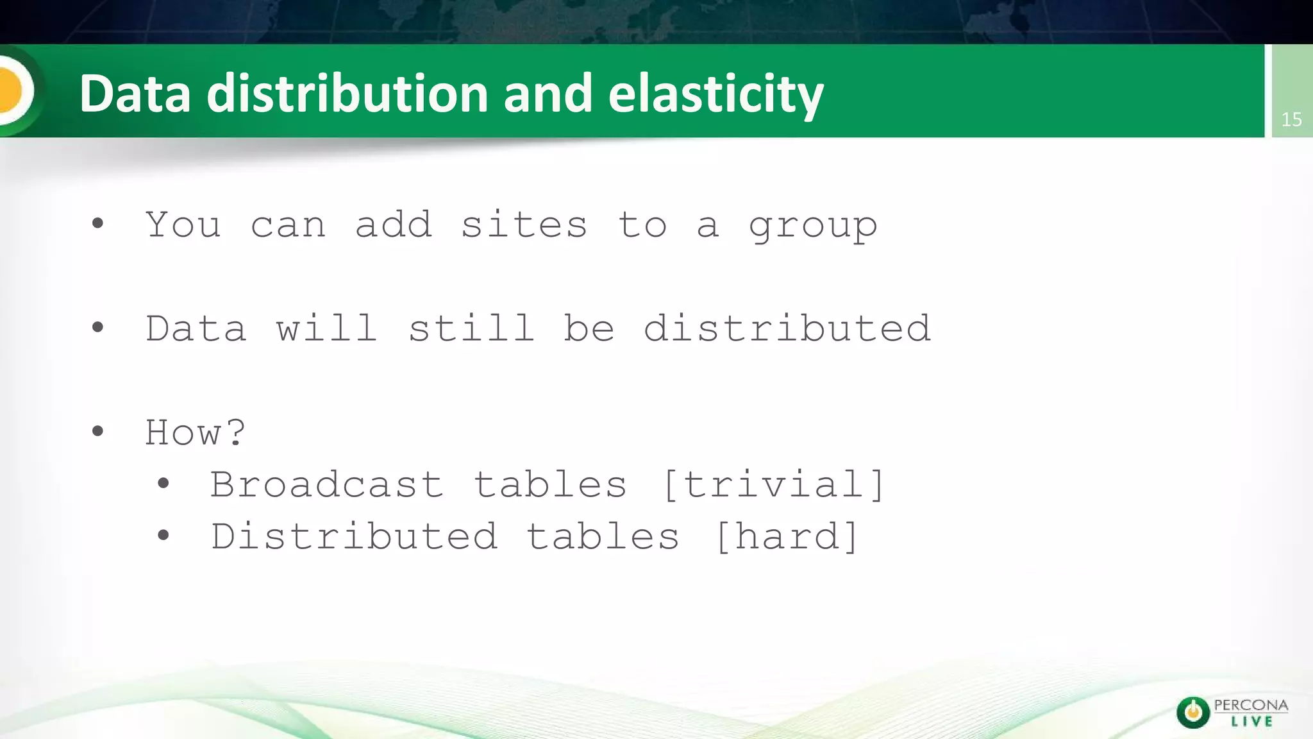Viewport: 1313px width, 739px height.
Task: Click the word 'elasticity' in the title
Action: pos(715,94)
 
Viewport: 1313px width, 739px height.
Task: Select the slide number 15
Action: pos(1291,119)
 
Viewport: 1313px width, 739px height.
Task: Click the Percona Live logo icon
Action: pos(1192,712)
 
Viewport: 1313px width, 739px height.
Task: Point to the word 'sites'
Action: pos(524,225)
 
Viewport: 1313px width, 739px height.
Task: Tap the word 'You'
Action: pos(183,225)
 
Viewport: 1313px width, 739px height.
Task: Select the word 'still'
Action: pos(471,328)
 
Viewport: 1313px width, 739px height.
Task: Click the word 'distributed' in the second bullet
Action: pos(787,328)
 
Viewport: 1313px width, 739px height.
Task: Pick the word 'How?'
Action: pos(195,432)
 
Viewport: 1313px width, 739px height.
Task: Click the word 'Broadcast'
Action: pos(326,484)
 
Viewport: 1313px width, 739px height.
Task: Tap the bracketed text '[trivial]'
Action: pos(774,484)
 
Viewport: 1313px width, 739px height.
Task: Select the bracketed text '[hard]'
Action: pos(786,536)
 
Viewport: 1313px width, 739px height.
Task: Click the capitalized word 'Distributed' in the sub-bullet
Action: pos(354,536)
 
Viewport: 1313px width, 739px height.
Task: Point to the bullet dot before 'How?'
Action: pos(97,431)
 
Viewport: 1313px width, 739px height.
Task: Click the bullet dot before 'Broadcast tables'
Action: pos(163,483)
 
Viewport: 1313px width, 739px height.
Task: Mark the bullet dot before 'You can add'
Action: pos(97,223)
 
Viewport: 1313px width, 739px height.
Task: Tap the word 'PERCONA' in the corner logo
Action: pos(1251,705)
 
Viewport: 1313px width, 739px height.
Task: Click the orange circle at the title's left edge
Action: pos(12,90)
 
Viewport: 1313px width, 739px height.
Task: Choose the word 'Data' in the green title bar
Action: pos(135,94)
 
